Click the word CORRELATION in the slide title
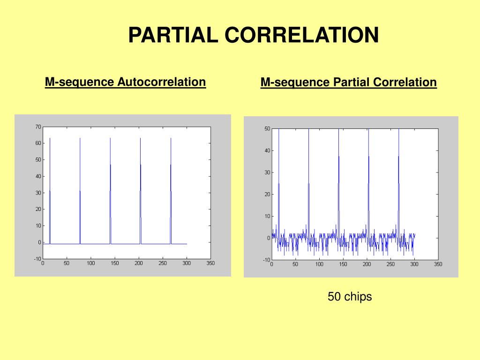[302, 35]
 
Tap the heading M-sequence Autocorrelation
[125, 82]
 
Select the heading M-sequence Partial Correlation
[349, 82]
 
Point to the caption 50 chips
[350, 297]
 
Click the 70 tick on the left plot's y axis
[38, 127]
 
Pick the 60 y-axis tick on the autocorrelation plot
[38, 143]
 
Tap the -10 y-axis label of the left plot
[37, 259]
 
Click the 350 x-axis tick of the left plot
[210, 263]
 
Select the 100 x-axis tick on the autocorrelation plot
[91, 263]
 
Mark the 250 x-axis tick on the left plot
[163, 263]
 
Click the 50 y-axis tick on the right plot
[267, 128]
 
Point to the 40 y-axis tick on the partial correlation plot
[267, 150]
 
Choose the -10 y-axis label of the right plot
[266, 260]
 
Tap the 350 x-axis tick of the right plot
[438, 264]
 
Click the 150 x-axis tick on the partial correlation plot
[343, 264]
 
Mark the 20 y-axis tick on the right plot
[267, 194]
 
